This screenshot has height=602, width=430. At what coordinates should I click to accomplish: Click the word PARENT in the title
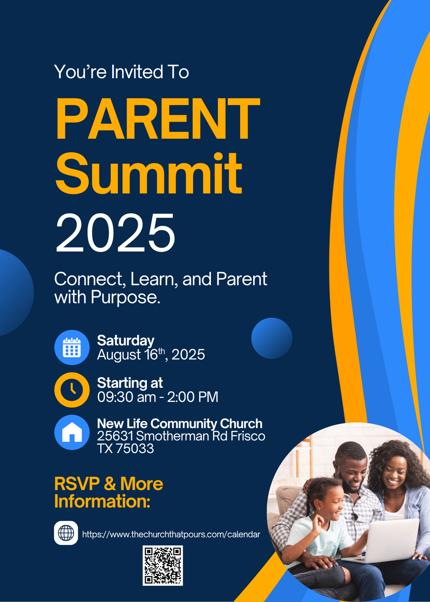click(157, 119)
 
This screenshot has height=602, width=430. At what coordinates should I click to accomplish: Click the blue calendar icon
click(72, 347)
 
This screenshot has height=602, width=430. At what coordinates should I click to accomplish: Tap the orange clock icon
click(72, 390)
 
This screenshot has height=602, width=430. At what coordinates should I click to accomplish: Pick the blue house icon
click(72, 432)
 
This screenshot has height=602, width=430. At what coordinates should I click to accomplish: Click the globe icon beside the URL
click(66, 533)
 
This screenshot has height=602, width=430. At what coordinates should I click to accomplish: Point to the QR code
click(163, 566)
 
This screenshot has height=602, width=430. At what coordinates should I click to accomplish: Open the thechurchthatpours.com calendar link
click(171, 535)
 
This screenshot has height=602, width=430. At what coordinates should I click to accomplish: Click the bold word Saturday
click(126, 341)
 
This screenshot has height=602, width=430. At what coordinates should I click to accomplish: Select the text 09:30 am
click(126, 397)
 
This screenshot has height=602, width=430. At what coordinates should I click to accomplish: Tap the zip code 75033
click(135, 448)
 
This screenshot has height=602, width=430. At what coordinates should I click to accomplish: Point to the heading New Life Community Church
click(180, 424)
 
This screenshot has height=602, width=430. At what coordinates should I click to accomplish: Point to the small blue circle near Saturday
click(272, 338)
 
